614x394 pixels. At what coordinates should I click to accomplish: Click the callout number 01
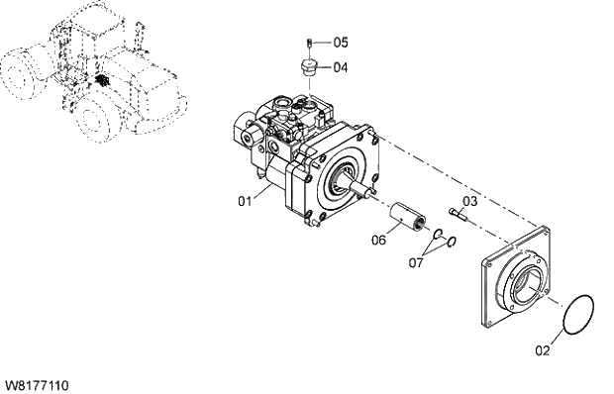click(x=244, y=201)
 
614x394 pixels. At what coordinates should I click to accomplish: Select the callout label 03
click(x=470, y=201)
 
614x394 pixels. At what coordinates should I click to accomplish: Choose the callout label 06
click(x=379, y=241)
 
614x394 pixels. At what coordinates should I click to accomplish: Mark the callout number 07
click(x=416, y=263)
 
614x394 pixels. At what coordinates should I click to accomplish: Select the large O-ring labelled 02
click(x=575, y=317)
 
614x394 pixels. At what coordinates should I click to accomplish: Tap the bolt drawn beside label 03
click(x=456, y=212)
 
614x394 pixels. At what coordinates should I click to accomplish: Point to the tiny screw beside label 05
click(x=309, y=43)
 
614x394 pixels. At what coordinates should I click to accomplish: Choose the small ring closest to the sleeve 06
click(x=435, y=233)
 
